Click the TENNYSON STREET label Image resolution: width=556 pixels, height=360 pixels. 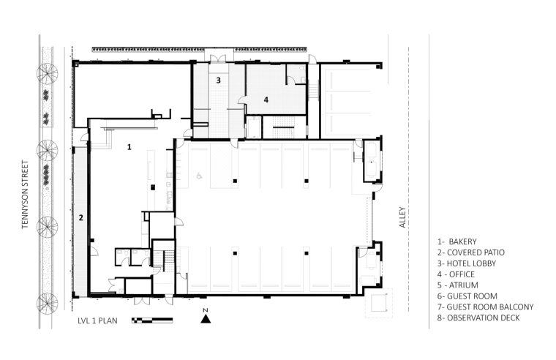pyautogui.click(x=25, y=195)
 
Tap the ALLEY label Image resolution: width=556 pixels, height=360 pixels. pyautogui.click(x=402, y=217)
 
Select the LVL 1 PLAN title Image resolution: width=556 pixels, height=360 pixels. pyautogui.click(x=97, y=320)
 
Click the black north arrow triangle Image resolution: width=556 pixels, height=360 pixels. pyautogui.click(x=206, y=319)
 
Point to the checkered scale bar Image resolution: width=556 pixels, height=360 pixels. pyautogui.click(x=152, y=320)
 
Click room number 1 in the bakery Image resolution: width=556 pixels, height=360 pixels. pyautogui.click(x=129, y=146)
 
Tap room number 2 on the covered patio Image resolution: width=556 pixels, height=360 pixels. pyautogui.click(x=81, y=217)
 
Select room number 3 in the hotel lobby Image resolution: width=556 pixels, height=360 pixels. pyautogui.click(x=219, y=80)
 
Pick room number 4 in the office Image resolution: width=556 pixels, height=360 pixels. pyautogui.click(x=266, y=100)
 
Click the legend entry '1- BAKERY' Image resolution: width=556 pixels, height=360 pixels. pyautogui.click(x=457, y=241)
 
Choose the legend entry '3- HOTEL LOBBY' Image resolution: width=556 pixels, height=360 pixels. pyautogui.click(x=466, y=263)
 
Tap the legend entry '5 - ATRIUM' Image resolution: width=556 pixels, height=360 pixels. pyautogui.click(x=457, y=285)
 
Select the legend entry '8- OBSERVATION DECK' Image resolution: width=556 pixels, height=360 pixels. pyautogui.click(x=478, y=318)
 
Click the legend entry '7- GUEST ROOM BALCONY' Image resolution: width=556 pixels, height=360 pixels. pyautogui.click(x=485, y=307)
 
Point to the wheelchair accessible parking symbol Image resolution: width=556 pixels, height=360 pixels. pyautogui.click(x=199, y=175)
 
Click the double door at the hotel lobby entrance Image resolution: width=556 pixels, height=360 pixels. pyautogui.click(x=218, y=59)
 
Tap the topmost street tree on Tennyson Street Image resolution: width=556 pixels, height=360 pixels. pyautogui.click(x=47, y=73)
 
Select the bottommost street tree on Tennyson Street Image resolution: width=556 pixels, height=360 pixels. pyautogui.click(x=47, y=303)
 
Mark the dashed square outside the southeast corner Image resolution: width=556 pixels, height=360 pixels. pyautogui.click(x=379, y=303)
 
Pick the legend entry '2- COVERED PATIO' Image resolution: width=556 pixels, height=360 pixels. pyautogui.click(x=470, y=252)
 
